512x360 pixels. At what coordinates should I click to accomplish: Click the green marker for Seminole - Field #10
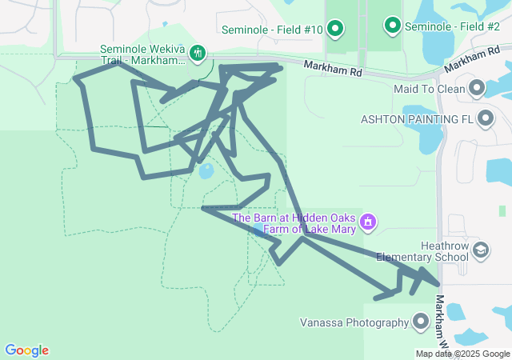click(336, 30)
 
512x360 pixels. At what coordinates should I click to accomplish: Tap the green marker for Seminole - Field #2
click(393, 26)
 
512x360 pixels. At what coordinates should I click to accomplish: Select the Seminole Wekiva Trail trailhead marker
click(198, 54)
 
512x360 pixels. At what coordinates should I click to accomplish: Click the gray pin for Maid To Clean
click(478, 88)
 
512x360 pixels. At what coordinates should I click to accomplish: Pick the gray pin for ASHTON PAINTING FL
click(486, 119)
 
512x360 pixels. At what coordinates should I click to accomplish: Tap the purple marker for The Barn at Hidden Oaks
click(368, 222)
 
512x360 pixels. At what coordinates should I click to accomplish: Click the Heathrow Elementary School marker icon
click(480, 251)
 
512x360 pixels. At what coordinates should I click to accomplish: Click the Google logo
click(26, 350)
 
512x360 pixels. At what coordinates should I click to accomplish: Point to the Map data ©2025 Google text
click(462, 354)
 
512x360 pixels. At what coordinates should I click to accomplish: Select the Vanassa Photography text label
click(354, 323)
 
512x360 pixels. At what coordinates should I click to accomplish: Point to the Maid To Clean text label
click(430, 89)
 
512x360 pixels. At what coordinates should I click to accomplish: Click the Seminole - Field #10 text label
click(273, 30)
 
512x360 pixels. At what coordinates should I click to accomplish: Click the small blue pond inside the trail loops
click(206, 170)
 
